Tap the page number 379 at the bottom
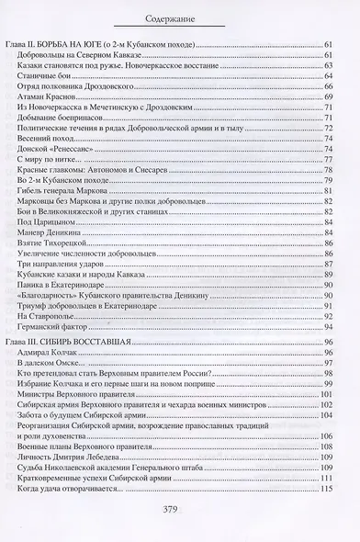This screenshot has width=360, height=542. click(x=180, y=513)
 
